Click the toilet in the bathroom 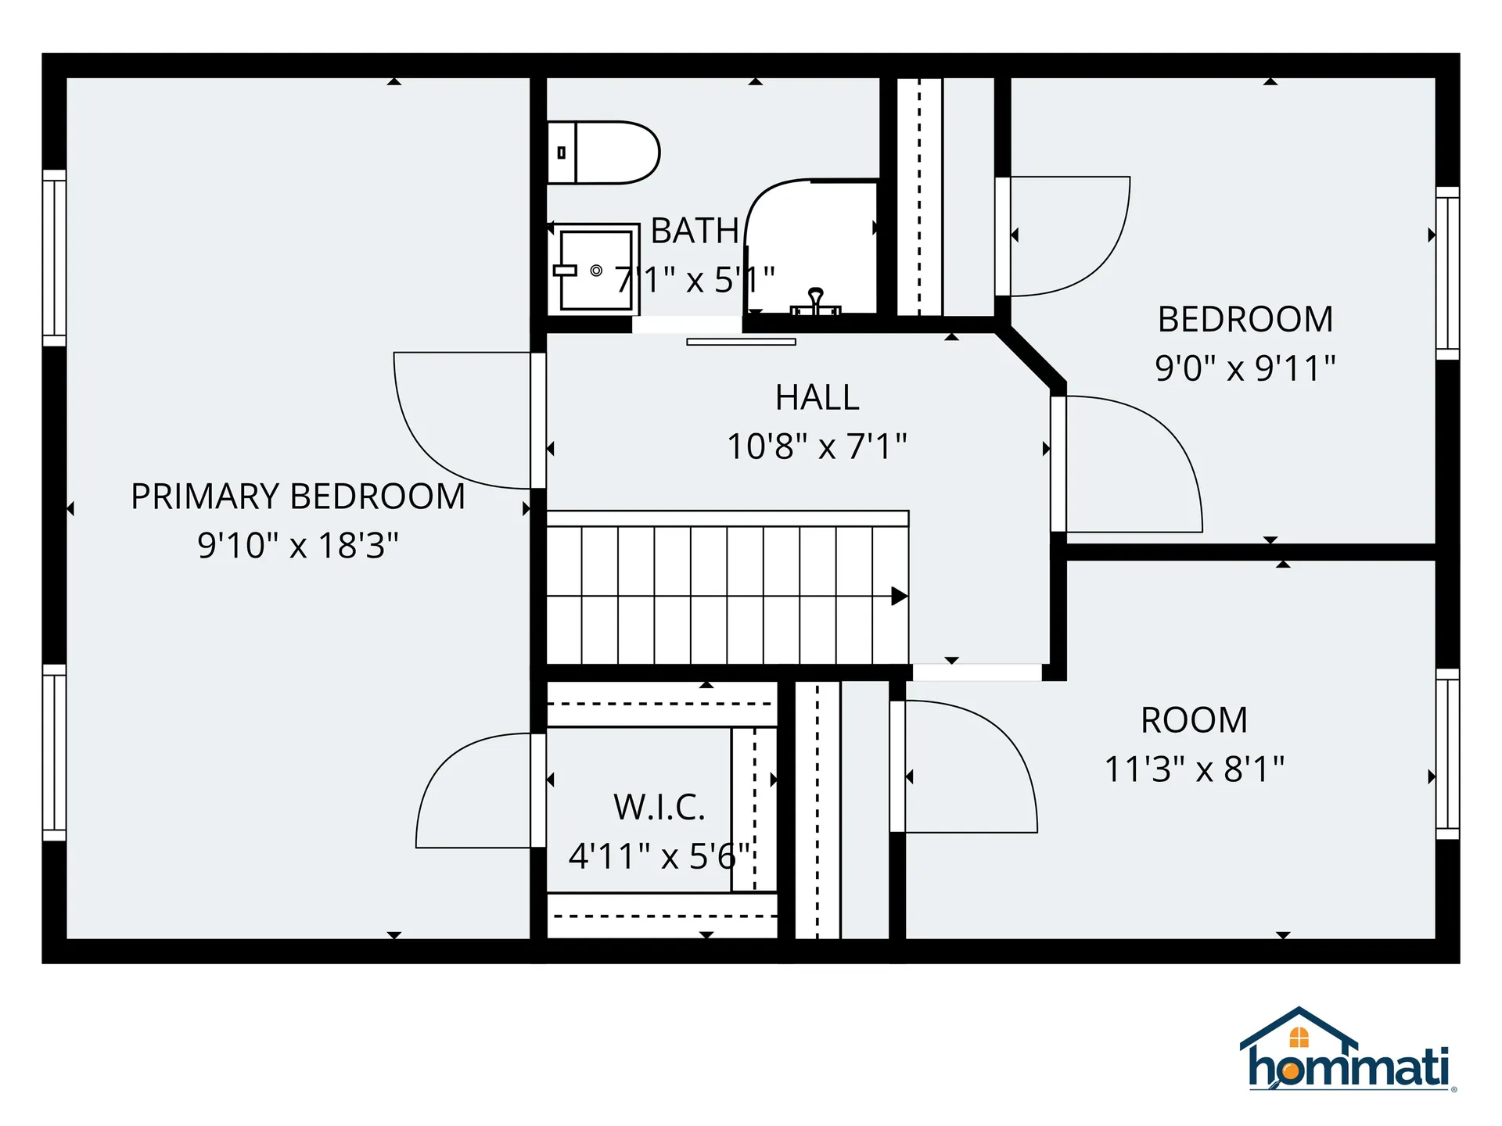point(602,152)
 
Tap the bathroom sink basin point(596,267)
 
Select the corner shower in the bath point(811,246)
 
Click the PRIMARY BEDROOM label point(298,497)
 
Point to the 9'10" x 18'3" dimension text point(298,545)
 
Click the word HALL point(817,397)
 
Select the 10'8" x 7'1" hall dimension point(817,446)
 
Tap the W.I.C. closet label point(659,807)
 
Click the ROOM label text point(1195,720)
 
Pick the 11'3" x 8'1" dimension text point(1195,769)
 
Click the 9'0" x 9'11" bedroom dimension point(1245,368)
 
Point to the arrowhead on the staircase point(900,597)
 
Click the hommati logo point(1349,1049)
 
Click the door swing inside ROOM point(1009,743)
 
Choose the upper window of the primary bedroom point(54,257)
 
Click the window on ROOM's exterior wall point(1448,754)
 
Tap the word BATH point(695,231)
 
